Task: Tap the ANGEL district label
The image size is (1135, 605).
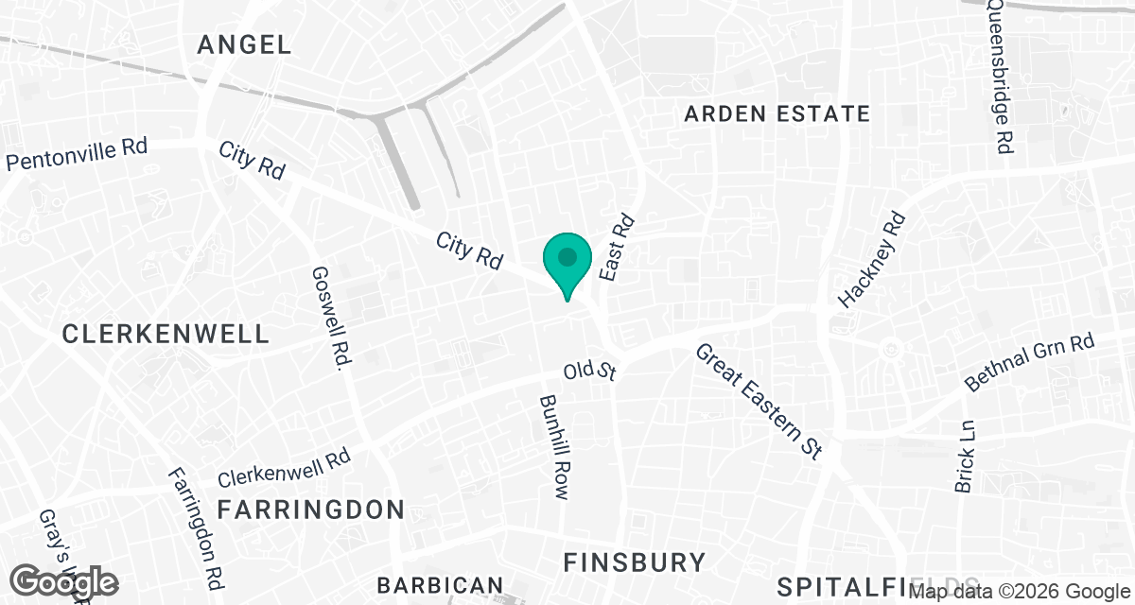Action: (x=244, y=43)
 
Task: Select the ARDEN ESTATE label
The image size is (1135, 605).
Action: (x=777, y=114)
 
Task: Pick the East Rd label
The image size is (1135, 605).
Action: (x=616, y=247)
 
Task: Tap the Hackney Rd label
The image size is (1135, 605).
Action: (x=873, y=262)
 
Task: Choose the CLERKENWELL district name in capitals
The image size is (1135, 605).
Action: (x=166, y=334)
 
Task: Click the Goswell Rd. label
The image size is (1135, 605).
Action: (x=328, y=319)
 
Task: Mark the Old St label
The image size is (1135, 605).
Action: (x=589, y=370)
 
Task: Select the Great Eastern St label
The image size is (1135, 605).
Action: (x=758, y=401)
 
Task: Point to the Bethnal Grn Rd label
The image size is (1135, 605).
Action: (x=1029, y=362)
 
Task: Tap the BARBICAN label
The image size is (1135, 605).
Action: (x=440, y=585)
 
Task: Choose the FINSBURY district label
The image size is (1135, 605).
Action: (x=634, y=562)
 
